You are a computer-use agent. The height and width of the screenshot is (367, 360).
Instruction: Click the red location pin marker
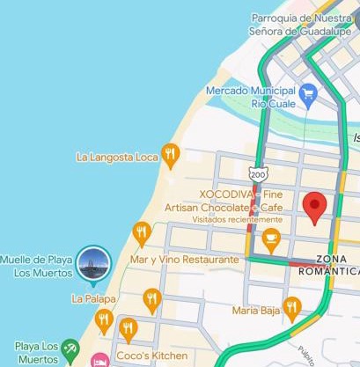314,209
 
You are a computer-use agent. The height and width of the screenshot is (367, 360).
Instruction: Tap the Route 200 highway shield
255,173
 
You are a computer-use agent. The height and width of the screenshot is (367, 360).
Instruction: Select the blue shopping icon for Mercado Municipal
307,92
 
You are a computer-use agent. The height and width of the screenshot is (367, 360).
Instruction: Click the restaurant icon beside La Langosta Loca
171,157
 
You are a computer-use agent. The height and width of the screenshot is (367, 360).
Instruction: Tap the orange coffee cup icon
270,236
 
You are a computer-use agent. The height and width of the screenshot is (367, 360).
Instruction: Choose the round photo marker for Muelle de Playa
92,261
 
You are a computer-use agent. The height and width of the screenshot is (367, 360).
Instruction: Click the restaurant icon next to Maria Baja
291,306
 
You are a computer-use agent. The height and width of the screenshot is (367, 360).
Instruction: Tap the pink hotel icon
100,359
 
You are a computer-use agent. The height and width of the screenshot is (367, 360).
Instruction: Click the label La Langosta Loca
116,158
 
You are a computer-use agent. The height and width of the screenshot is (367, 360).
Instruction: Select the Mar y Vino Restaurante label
184,261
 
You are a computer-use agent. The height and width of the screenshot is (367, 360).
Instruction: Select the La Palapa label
93,298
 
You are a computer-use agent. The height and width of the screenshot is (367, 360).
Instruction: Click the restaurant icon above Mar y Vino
142,232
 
